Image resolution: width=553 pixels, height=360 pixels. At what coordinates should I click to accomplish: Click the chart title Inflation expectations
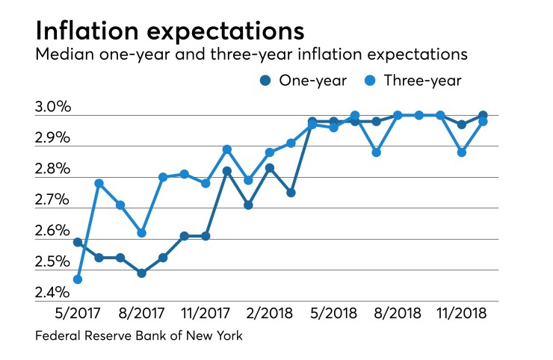170,32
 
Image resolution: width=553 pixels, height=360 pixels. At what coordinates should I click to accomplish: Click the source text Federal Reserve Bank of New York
139,337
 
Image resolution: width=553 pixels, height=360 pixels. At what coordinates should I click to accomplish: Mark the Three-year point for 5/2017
77,279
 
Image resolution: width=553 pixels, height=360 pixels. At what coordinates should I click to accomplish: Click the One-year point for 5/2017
77,242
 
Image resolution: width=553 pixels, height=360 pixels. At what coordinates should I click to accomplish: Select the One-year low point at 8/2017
141,273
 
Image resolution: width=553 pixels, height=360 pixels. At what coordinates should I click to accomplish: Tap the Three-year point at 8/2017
141,233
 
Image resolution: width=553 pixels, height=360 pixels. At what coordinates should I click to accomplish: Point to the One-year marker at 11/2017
206,236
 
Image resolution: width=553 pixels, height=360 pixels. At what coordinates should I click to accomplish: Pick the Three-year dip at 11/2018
462,152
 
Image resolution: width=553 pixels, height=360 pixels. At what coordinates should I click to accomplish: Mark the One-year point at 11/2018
462,125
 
